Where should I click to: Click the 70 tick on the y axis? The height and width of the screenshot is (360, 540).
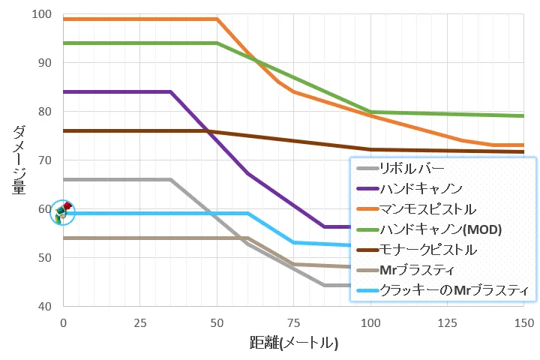coord(44,160)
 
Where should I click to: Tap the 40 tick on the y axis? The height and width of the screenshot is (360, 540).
coord(44,307)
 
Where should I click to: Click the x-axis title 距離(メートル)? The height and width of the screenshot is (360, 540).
coord(294,343)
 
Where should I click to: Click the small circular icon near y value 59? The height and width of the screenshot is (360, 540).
coord(62,212)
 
